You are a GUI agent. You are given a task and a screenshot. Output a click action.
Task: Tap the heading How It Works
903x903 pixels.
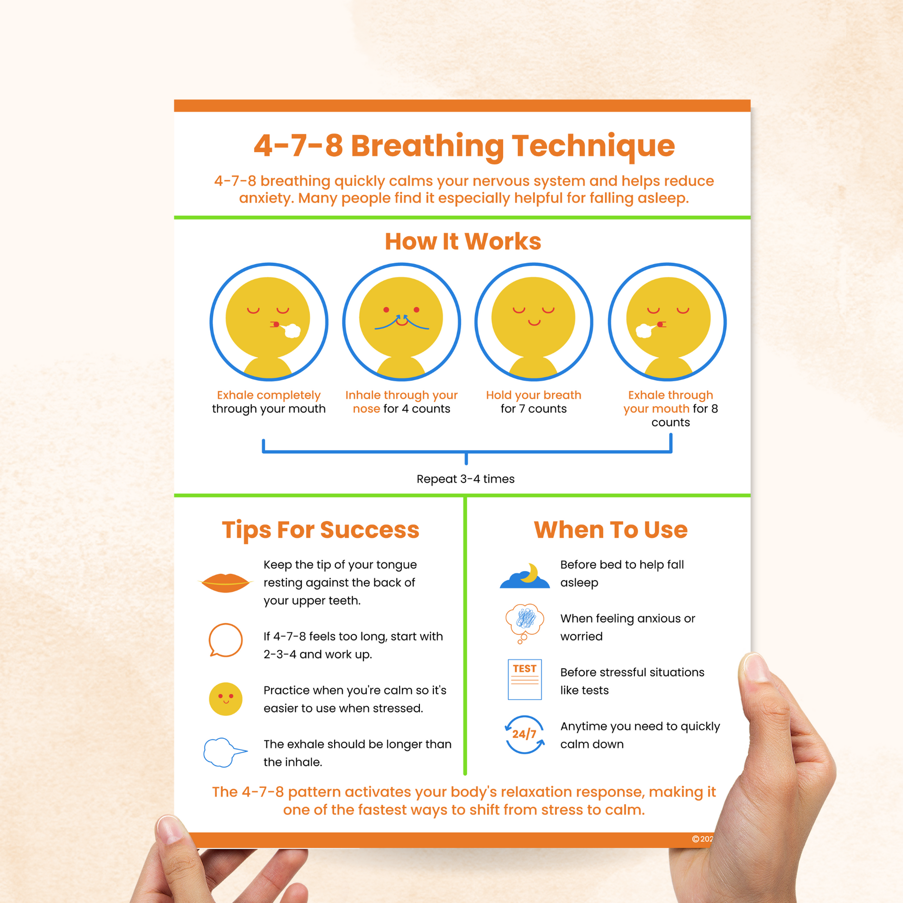coord(463,242)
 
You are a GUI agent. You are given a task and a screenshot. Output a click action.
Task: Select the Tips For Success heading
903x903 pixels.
coord(321,530)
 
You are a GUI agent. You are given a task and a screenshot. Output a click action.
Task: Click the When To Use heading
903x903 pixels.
coord(610,530)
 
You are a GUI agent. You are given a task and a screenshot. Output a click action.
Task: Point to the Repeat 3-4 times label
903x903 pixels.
coord(465,479)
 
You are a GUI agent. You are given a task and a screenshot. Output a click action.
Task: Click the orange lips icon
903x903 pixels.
coord(225,583)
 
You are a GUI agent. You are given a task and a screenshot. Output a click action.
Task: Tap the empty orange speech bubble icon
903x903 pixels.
coord(225,640)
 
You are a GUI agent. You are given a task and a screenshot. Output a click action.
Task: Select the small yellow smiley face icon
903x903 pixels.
coord(225,699)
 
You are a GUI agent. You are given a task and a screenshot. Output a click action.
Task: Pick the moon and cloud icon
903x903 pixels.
coord(524,576)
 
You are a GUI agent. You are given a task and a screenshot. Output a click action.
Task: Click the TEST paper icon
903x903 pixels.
coord(524,680)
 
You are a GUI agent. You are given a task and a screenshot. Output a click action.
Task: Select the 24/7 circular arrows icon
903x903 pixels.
coord(524,734)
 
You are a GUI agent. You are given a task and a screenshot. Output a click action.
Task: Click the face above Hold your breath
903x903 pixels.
coord(534,322)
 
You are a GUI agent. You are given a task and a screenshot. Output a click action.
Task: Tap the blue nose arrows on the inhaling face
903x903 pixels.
coord(401,322)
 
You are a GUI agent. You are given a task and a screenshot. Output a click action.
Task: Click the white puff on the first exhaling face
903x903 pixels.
coord(292,330)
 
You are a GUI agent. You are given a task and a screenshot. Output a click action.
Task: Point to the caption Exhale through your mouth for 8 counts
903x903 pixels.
coord(670,408)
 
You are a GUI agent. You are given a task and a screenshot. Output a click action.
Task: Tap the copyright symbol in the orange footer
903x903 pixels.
coord(696,839)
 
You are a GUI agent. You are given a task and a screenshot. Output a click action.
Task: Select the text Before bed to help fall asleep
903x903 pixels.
coord(622,574)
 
